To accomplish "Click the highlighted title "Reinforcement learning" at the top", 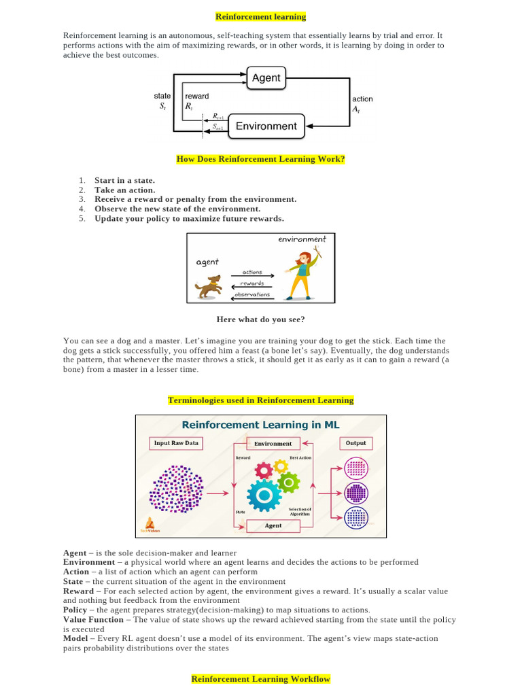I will (261, 16).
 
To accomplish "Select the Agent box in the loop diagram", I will (266, 77).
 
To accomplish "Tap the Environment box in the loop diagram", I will (266, 126).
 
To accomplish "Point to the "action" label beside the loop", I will (362, 99).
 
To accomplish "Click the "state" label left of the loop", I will (162, 97).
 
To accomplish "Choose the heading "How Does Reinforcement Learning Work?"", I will (261, 159).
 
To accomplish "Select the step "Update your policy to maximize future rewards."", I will (189, 218).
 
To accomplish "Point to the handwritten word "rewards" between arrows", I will (252, 283).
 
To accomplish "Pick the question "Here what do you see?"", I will (261, 319).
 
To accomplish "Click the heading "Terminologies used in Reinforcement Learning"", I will (261, 400).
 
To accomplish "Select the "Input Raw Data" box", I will (176, 443).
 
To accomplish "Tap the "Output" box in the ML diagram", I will (355, 443).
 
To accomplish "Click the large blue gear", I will (264, 495).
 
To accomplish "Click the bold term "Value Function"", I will (94, 619).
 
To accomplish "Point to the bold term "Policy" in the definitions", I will (75, 610).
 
